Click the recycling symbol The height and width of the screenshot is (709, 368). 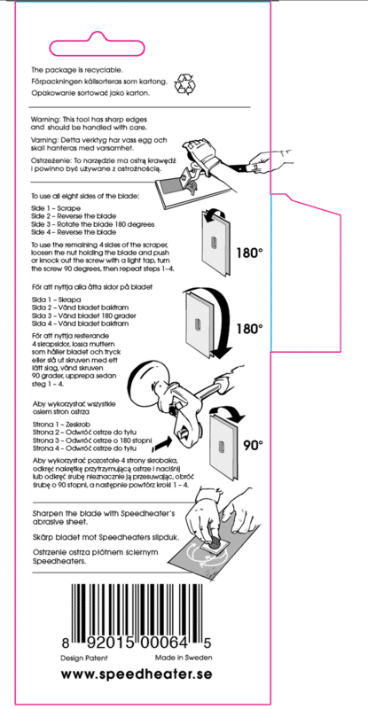(x=184, y=83)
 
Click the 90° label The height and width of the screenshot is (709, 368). (x=253, y=446)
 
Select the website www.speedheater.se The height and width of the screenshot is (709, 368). (x=137, y=674)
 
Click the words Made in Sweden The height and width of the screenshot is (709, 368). (x=184, y=658)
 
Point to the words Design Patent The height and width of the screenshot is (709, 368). (x=84, y=658)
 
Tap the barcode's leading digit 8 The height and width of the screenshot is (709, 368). (x=66, y=643)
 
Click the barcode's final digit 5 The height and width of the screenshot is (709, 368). (x=207, y=643)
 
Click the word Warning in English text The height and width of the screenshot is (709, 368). (x=43, y=119)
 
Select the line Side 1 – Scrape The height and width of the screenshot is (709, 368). (x=56, y=209)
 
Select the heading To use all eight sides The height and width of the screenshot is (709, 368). (x=85, y=197)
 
